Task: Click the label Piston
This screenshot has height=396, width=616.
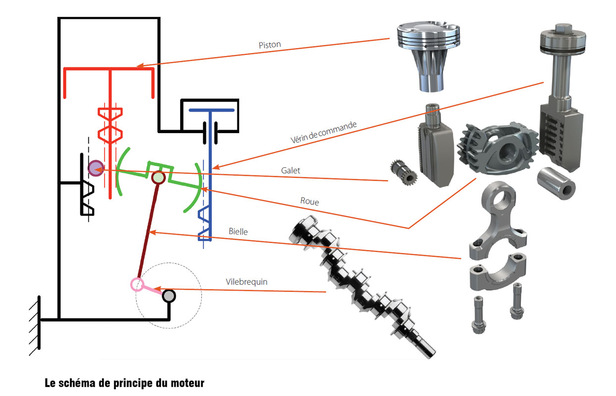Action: click(x=269, y=45)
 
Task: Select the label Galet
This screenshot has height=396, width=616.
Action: click(x=290, y=170)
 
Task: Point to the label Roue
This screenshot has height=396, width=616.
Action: click(x=309, y=201)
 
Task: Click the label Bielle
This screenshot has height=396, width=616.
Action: click(x=238, y=231)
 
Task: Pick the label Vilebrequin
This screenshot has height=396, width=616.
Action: click(x=247, y=281)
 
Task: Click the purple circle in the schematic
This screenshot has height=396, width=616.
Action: click(x=95, y=168)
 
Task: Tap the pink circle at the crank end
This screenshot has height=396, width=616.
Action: click(x=137, y=284)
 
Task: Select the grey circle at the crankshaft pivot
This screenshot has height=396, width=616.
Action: click(x=169, y=296)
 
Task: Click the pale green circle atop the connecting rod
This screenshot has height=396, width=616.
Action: click(x=158, y=177)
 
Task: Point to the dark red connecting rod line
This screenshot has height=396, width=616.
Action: click(x=148, y=231)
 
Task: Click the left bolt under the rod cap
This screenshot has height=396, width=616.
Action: click(x=479, y=314)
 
